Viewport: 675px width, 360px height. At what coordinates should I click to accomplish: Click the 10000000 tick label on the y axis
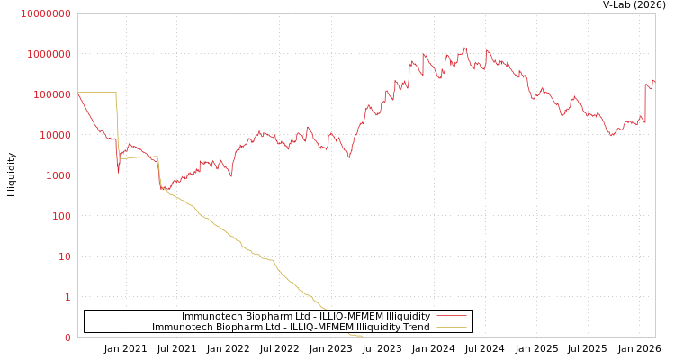45,13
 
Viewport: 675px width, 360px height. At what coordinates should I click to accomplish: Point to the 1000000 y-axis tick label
48,54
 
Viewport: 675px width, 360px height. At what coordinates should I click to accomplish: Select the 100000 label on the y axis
50,94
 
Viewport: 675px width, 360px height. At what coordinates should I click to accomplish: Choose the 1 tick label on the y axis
67,297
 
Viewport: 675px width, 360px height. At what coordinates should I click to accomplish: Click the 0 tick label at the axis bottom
67,337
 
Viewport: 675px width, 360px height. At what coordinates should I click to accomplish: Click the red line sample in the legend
452,316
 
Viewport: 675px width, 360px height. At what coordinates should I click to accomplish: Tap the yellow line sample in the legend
452,327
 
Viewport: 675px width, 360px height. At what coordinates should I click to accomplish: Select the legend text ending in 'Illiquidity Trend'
291,327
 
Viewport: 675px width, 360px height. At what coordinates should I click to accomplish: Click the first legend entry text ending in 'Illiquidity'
306,316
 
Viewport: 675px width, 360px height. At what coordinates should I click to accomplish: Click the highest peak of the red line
465,48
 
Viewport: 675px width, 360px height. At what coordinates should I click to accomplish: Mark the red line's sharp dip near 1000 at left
118,172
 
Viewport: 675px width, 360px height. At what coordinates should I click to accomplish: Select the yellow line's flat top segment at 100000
97,93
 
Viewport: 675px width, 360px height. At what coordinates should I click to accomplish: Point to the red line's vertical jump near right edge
645,103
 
